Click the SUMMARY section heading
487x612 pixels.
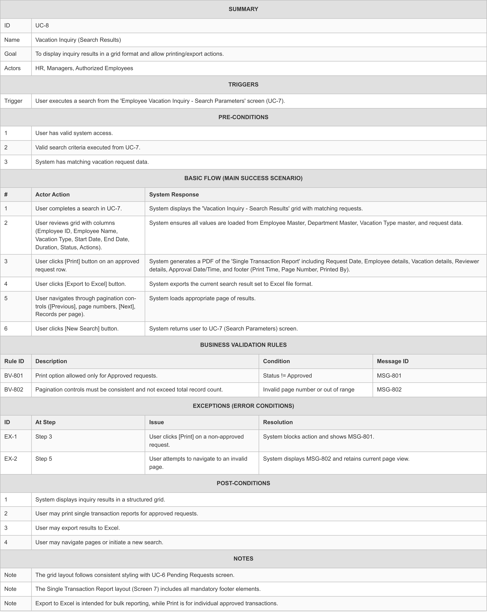tap(243, 9)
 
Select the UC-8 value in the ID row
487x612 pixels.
tap(42, 26)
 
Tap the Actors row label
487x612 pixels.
tap(13, 68)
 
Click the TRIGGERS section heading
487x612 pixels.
tap(243, 84)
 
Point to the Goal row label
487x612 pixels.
tap(11, 54)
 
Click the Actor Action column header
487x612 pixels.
tap(53, 194)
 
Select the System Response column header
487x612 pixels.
tap(174, 194)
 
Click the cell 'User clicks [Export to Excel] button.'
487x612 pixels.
tap(81, 284)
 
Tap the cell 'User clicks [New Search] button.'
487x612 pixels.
tap(77, 328)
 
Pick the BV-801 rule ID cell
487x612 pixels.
tap(14, 376)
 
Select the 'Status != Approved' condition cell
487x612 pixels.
tap(287, 376)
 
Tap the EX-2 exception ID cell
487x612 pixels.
tap(11, 459)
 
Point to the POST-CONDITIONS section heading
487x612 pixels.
tap(243, 483)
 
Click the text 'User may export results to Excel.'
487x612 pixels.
tap(78, 528)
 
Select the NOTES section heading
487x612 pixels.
tap(243, 558)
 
